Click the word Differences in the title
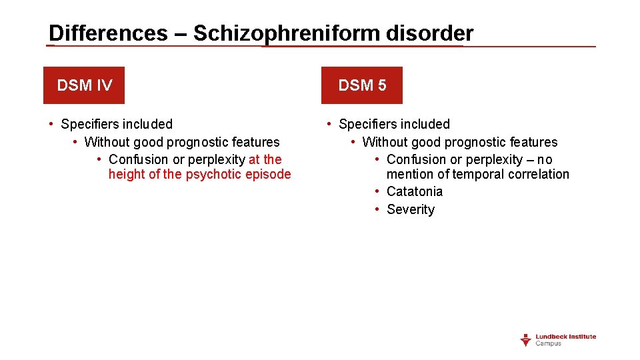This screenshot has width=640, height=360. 108,33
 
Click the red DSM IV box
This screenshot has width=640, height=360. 84,85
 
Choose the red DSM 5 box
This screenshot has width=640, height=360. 362,85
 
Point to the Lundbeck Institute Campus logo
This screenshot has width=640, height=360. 558,340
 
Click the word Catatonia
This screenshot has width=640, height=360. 415,192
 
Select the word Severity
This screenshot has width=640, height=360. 411,210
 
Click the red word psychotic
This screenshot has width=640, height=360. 215,175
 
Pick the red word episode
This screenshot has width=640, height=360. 269,175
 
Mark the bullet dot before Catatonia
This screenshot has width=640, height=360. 377,192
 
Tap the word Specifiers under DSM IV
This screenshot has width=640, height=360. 91,124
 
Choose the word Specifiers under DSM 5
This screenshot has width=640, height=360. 369,124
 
